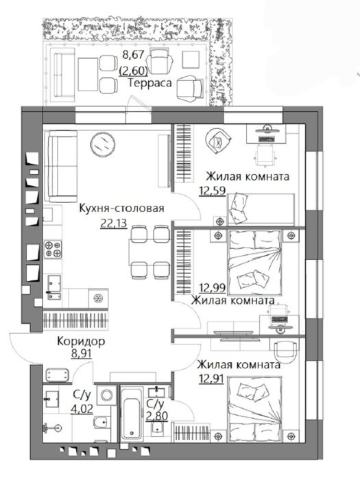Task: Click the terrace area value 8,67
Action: tap(133, 55)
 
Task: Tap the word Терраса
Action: tap(150, 83)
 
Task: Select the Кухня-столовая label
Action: tap(121, 208)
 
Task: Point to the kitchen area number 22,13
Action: tap(113, 224)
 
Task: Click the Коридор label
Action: tap(81, 341)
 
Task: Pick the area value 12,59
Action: tap(213, 191)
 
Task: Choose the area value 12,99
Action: tap(213, 288)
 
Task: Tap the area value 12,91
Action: tap(211, 379)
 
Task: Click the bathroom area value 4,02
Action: tap(82, 409)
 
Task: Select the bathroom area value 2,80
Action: tap(157, 416)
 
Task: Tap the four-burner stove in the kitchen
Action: tap(53, 249)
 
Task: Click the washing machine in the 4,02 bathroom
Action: tap(106, 396)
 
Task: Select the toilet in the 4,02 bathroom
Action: tap(101, 423)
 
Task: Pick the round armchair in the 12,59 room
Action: tap(217, 140)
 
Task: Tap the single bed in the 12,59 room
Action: tap(261, 209)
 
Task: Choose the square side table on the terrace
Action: tap(191, 60)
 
